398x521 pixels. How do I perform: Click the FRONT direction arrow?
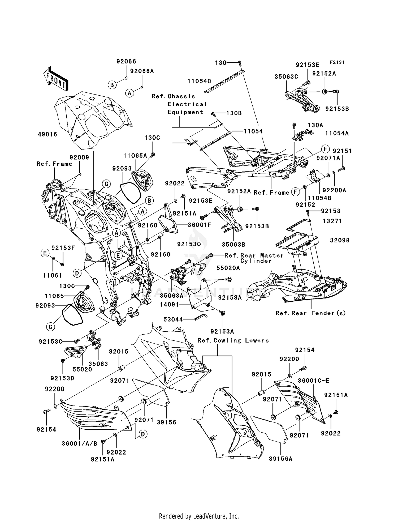(56, 79)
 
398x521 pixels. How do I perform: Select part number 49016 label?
(47, 134)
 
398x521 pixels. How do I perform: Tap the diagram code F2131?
(337, 62)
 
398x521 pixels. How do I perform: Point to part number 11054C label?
(199, 81)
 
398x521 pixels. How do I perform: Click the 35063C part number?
(286, 77)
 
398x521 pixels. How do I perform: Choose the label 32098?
(340, 240)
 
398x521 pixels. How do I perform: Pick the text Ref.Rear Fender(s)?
(310, 313)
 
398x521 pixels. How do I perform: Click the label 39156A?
(280, 459)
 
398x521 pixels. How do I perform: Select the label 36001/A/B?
(79, 443)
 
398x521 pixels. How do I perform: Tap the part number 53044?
(173, 319)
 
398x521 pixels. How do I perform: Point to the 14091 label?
(169, 305)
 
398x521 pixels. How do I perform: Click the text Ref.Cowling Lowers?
(233, 340)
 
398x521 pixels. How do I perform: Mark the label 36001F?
(199, 225)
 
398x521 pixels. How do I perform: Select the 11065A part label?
(135, 156)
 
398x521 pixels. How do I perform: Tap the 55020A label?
(228, 268)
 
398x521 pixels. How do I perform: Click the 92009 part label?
(79, 157)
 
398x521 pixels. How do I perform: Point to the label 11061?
(52, 276)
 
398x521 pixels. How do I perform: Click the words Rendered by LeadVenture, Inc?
(199, 516)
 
